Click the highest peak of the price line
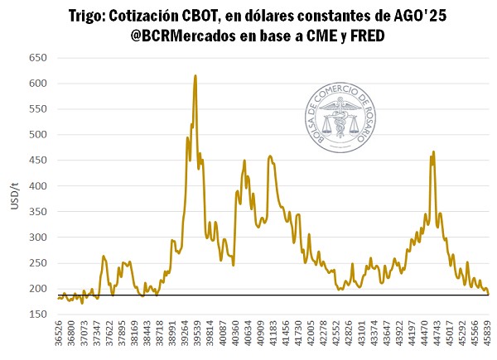click(195, 76)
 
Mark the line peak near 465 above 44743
click(433, 152)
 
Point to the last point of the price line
click(489, 294)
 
